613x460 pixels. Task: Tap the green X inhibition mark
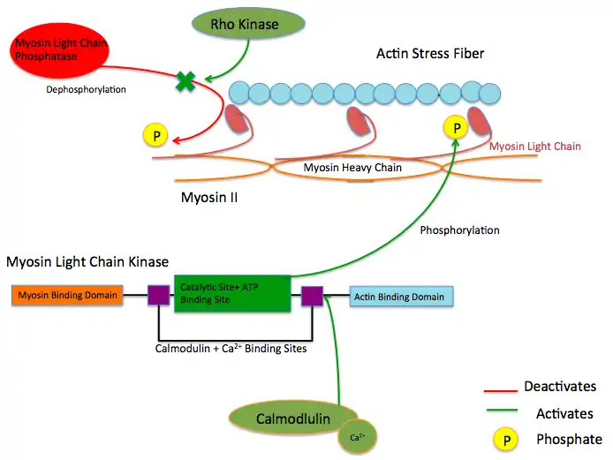pyautogui.click(x=185, y=82)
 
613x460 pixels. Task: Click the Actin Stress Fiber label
pyautogui.click(x=429, y=54)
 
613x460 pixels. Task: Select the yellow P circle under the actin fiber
pyautogui.click(x=457, y=128)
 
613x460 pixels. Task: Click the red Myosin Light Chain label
pyautogui.click(x=534, y=146)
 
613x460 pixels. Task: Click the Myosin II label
pyautogui.click(x=208, y=198)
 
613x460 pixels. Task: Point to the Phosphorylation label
pyautogui.click(x=459, y=230)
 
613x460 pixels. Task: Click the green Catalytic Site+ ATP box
pyautogui.click(x=232, y=294)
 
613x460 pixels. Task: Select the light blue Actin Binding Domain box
pyautogui.click(x=401, y=297)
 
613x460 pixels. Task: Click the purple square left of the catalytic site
pyautogui.click(x=158, y=295)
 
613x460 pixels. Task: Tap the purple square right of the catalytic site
pyautogui.click(x=312, y=296)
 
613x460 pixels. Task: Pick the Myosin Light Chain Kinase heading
pyautogui.click(x=87, y=262)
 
